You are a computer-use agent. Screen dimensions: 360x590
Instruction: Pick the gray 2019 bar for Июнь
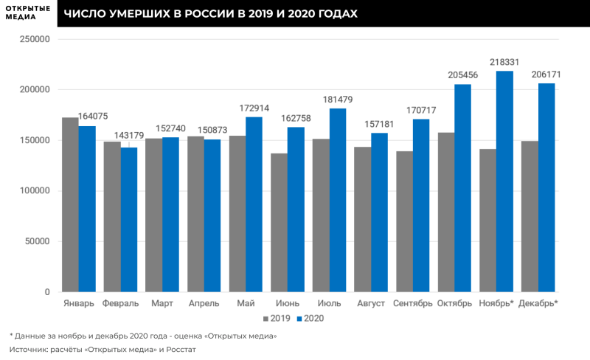(x=279, y=222)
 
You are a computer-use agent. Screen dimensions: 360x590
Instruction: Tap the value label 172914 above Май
(x=254, y=108)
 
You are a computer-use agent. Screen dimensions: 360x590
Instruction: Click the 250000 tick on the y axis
(x=35, y=39)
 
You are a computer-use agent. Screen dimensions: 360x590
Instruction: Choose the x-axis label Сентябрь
(x=412, y=303)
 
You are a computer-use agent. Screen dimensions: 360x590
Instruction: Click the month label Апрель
(x=204, y=303)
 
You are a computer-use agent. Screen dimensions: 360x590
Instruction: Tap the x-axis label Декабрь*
(x=538, y=303)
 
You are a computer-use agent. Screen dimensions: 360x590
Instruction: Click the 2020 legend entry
(x=310, y=319)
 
